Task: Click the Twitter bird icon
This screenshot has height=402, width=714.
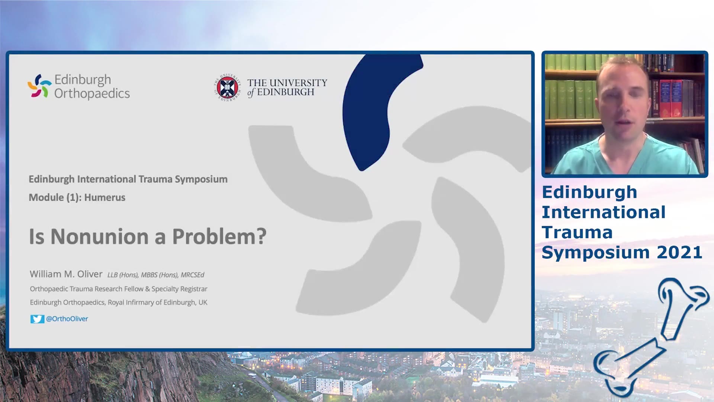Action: point(37,319)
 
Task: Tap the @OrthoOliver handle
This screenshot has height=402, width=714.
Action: point(67,319)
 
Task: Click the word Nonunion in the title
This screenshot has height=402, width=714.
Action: point(100,236)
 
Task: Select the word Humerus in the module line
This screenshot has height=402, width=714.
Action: point(105,197)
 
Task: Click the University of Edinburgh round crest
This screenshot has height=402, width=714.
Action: point(227,88)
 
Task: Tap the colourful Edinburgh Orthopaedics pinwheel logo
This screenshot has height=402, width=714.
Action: point(39,86)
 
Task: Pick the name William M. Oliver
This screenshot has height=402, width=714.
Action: point(66,274)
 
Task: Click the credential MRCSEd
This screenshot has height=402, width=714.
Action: point(192,275)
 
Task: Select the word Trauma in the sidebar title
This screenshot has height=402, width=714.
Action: point(577,232)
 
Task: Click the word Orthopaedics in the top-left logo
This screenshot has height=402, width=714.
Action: point(92,93)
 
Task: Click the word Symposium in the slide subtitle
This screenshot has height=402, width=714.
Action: point(201,179)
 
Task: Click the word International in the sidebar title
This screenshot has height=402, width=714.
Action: point(604,212)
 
